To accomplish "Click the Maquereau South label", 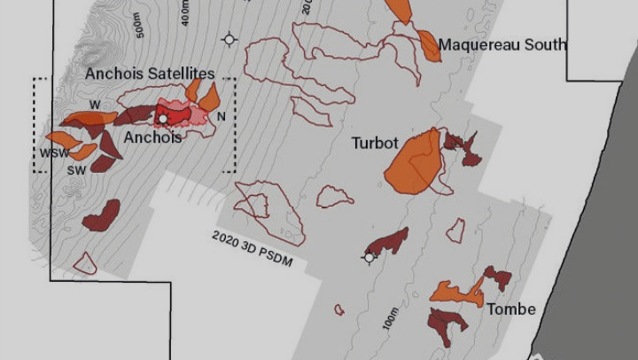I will (x=502, y=45).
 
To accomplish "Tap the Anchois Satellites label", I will (x=150, y=74).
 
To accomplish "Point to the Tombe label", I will (x=510, y=309).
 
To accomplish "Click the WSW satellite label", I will (x=54, y=153).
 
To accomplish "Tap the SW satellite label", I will (x=76, y=169).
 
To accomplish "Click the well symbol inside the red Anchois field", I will (x=162, y=118).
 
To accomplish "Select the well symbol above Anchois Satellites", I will (x=230, y=39).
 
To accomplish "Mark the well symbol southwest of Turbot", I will (x=370, y=258).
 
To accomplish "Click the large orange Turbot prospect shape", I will (x=415, y=164).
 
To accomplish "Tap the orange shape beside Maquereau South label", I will (x=429, y=46).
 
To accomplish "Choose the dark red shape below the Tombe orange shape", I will (x=447, y=320).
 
